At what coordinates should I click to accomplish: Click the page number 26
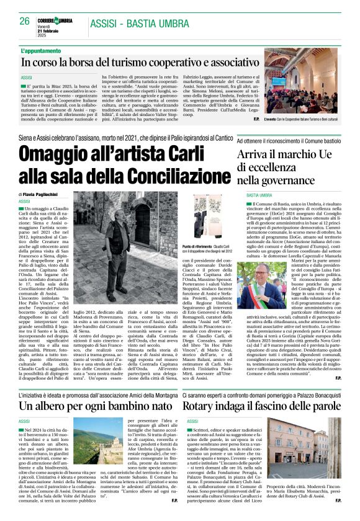click(25, 21)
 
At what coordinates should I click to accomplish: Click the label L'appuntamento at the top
click(41, 50)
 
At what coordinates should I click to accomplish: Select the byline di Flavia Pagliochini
click(47, 194)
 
